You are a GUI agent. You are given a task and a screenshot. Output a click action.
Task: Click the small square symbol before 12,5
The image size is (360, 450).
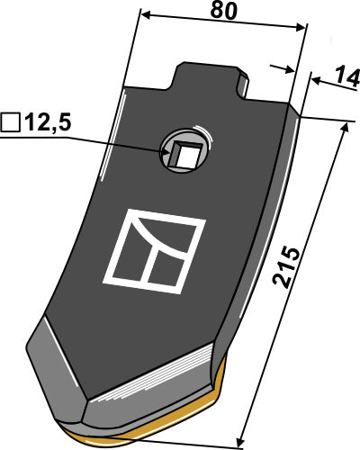pos(11,121)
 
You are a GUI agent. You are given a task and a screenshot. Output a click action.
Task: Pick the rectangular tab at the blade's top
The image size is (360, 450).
pos(212,79)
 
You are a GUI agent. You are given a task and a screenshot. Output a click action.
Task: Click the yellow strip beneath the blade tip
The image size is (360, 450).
pos(171,436)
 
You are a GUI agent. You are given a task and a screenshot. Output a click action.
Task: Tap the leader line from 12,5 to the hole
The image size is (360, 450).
pos(117,139)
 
